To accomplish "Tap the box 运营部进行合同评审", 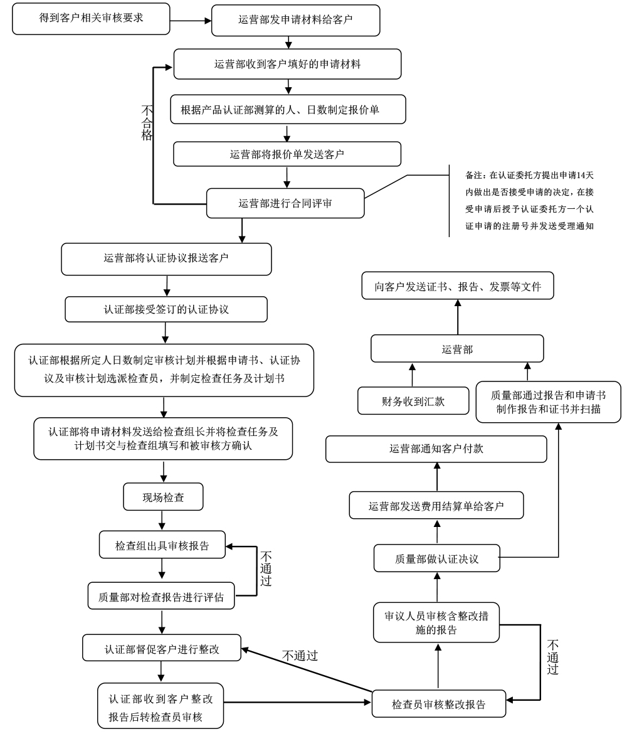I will click(285, 203).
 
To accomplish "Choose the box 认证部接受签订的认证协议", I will click(167, 308).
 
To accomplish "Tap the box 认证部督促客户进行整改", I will click(162, 647).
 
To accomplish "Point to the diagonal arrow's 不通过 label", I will click(300, 657).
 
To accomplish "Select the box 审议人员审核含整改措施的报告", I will click(436, 623).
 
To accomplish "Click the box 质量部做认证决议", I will click(437, 558).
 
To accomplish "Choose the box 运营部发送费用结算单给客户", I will click(436, 505).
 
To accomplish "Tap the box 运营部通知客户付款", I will click(436, 450).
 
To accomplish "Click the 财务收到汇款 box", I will click(413, 402).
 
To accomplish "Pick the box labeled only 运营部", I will click(456, 349).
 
